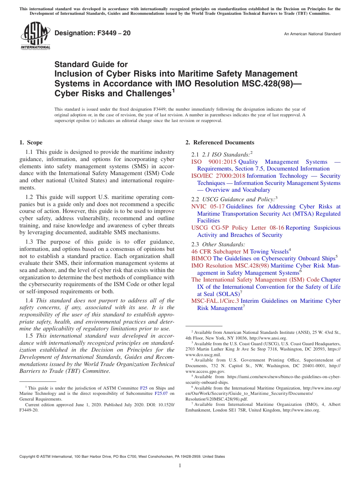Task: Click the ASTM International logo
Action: (35, 36)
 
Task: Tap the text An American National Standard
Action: (312, 34)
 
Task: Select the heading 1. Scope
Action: (31, 142)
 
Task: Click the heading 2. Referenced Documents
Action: (220, 142)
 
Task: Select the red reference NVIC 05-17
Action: (208, 207)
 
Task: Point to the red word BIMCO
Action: (201, 258)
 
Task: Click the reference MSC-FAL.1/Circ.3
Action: (215, 301)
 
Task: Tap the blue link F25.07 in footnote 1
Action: (161, 393)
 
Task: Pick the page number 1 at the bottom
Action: (180, 466)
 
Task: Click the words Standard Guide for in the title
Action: (91, 64)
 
